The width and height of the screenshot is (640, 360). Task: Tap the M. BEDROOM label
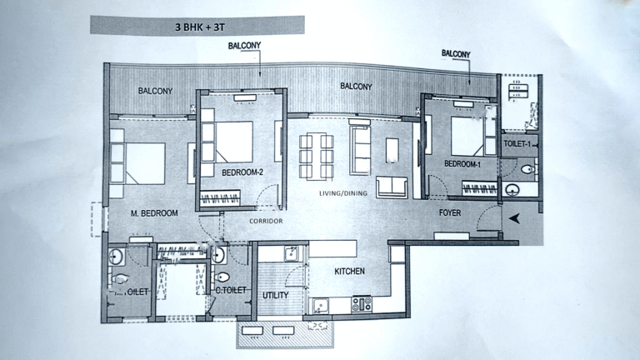155,213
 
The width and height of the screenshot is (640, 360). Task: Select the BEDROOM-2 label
242,172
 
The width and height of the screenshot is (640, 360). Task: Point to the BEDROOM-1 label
463,165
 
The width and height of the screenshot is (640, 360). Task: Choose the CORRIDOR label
267,221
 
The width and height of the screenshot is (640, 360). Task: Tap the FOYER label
451,212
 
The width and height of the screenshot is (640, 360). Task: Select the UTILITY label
275,296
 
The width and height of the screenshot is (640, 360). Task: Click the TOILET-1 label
517,144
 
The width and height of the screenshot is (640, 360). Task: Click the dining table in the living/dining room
317,155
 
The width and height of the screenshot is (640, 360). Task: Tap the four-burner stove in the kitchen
362,304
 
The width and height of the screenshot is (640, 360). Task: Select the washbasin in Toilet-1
526,169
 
